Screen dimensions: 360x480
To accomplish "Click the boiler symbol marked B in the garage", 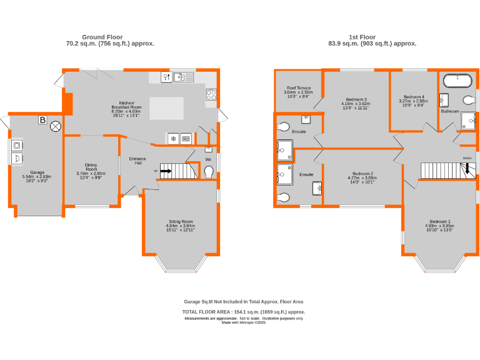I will pos(42,120).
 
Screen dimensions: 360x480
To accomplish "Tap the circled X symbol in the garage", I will pos(56,127).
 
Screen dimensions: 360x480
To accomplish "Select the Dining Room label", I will pos(91,168).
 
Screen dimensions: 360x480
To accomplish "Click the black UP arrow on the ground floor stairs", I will pos(166,169).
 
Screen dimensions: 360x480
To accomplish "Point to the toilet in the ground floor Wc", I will pos(209,171).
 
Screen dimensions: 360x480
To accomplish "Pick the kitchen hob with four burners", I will pos(211,95).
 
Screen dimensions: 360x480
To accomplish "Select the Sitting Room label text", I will pos(180,221).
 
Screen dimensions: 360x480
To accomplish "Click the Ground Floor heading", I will pos(102,37).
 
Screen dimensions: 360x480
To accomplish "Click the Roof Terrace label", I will pos(299,88).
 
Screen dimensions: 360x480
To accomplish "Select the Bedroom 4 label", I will pos(413,97).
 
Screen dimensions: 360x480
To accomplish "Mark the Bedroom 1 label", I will pos(439,222).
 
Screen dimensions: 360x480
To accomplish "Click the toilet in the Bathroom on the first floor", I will pos(467,99).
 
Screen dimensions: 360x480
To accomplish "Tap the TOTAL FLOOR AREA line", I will pos(243,311).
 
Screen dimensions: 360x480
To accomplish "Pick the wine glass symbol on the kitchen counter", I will pos(166,77).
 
